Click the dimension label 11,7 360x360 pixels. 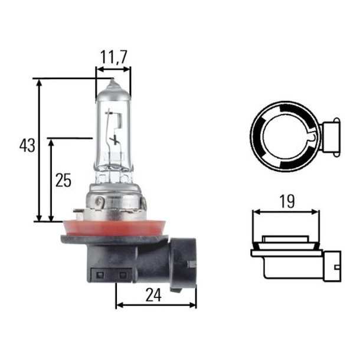113,58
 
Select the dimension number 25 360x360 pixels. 63,181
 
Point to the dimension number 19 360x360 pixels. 287,202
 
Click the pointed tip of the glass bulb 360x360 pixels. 113,81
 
